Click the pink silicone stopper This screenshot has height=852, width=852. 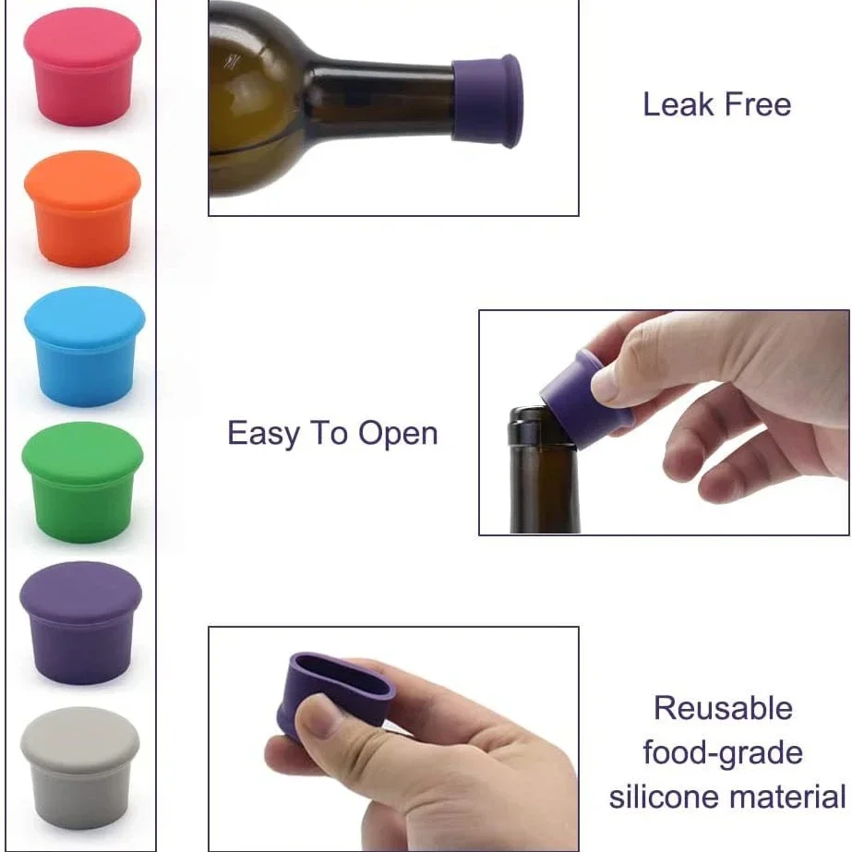[x=82, y=66]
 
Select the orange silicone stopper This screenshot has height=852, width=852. [x=82, y=210]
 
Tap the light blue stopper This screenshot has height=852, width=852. [x=85, y=347]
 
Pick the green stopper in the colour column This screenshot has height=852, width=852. [x=82, y=483]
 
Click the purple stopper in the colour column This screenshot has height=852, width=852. [x=81, y=623]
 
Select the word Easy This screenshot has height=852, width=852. [x=263, y=434]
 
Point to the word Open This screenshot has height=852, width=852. [x=398, y=434]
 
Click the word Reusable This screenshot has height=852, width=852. [x=723, y=708]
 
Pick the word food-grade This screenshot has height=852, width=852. [x=723, y=753]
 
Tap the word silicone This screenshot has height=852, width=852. [x=664, y=797]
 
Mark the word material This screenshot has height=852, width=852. [x=787, y=797]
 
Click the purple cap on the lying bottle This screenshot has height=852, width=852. [x=486, y=101]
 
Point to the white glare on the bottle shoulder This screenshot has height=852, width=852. [x=231, y=61]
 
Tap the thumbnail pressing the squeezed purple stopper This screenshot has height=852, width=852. [x=317, y=715]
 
